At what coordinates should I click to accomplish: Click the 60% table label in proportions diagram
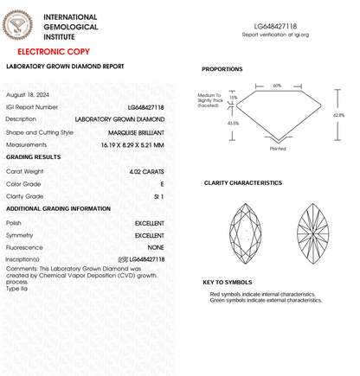277,86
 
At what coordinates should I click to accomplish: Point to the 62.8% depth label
338,115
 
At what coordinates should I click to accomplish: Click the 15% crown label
233,98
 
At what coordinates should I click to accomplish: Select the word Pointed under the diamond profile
278,148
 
